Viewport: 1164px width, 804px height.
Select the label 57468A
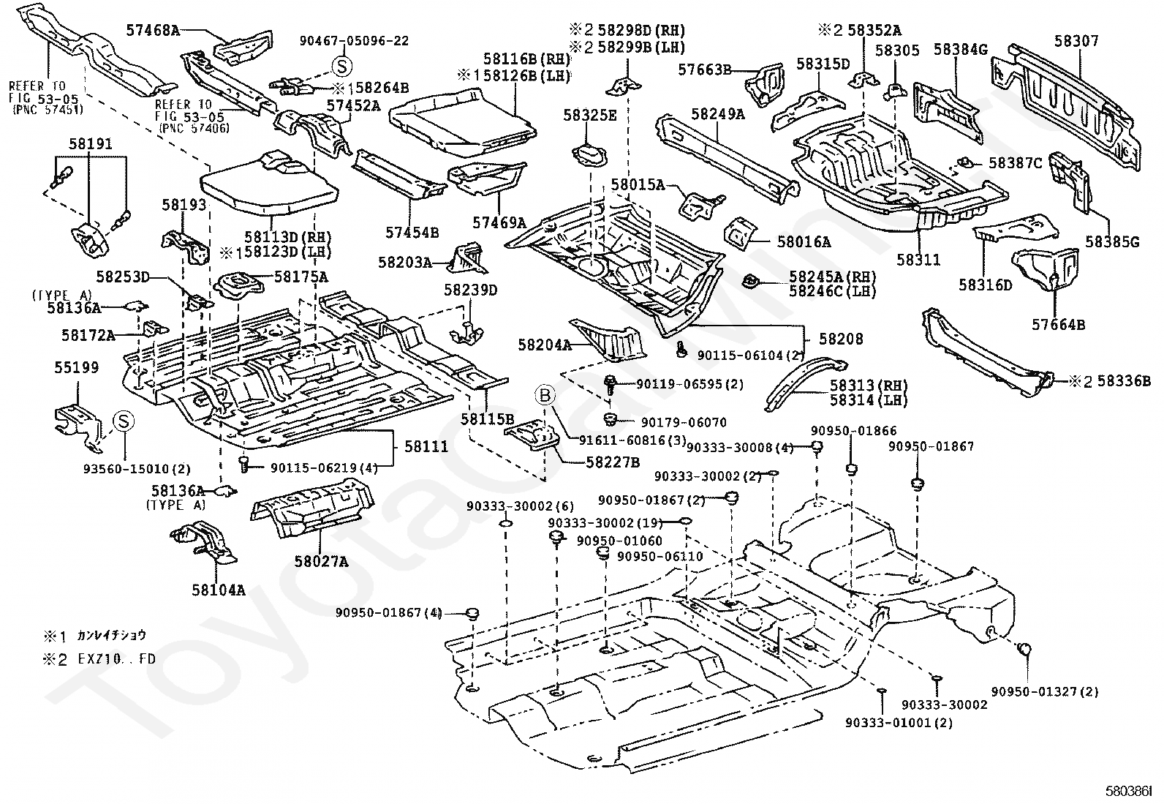point(152,31)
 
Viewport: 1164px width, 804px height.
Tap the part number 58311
point(918,260)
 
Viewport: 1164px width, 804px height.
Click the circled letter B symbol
point(546,396)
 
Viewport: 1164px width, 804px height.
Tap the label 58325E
point(589,115)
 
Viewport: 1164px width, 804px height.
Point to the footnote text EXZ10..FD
point(117,658)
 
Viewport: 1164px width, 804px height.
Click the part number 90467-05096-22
point(354,41)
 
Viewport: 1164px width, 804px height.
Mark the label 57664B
point(1059,324)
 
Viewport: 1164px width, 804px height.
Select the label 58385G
point(1112,241)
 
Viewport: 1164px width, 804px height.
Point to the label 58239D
point(470,290)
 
